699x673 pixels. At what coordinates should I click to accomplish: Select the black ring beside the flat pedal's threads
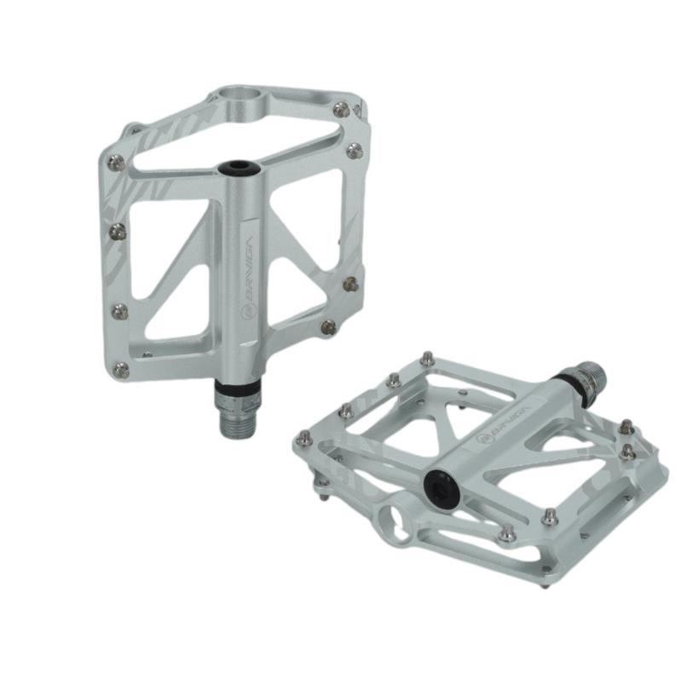(x=562, y=387)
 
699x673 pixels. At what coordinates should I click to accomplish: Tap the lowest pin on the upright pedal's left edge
(x=121, y=369)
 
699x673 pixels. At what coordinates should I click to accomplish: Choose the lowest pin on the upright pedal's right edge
(x=328, y=325)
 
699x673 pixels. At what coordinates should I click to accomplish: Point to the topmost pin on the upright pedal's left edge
(x=117, y=162)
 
